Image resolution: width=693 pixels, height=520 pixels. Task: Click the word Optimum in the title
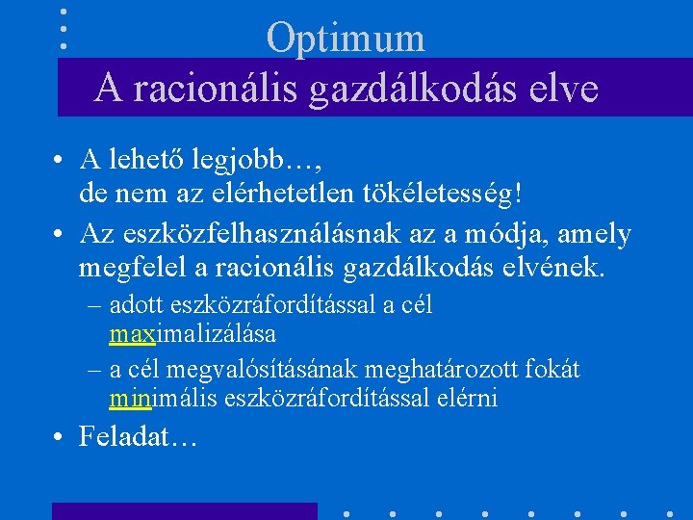[x=346, y=38]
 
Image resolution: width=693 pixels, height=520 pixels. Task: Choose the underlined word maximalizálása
[x=192, y=334]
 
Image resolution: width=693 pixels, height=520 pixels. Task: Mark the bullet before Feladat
[x=59, y=439]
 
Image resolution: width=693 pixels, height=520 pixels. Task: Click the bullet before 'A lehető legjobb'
[x=59, y=160]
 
